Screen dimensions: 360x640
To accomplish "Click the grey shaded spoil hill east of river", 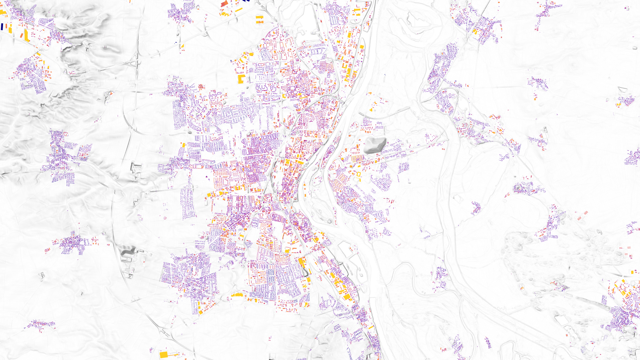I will pos(375,146).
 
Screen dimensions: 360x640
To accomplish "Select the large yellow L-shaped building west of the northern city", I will pos(241,79).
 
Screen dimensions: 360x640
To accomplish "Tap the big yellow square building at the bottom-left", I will pos(163,354).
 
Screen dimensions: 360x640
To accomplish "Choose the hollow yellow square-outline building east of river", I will pos(359,174).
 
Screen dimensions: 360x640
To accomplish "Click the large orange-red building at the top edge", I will pos(225,4).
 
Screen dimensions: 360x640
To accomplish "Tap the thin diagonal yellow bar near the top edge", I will pos(239,10).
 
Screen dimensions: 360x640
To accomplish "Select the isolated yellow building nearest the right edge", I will pos(632,272).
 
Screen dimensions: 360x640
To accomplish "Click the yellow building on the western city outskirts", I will pos(183,145).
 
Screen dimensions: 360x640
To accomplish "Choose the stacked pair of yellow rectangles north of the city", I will pos(260,19).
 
